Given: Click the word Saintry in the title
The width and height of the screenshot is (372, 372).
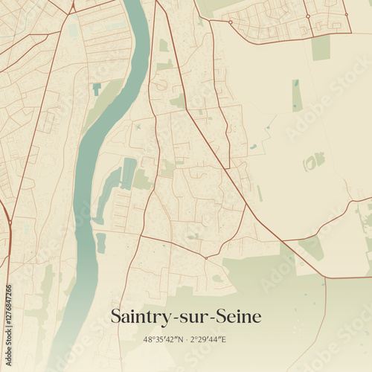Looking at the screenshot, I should coord(138,316).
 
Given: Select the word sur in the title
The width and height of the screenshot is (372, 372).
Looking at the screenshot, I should coord(190,317).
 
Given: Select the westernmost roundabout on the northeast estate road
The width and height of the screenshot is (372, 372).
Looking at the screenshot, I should coord(231,22).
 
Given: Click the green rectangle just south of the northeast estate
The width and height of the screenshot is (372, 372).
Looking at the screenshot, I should coord(321,48).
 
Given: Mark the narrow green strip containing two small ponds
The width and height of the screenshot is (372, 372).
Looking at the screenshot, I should coord(296,94).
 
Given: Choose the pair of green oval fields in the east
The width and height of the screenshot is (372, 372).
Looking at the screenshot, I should coord(313,161).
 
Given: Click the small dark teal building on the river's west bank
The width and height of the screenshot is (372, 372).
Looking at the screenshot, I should coord(97,89).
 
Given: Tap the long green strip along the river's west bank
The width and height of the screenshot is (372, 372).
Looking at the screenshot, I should coord(101,104).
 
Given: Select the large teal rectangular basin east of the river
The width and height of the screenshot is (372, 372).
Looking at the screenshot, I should coord(129,173).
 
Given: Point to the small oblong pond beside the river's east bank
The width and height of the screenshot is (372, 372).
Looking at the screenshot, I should coord(100,243).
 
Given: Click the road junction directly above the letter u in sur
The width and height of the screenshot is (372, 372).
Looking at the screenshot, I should coord(204,257).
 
